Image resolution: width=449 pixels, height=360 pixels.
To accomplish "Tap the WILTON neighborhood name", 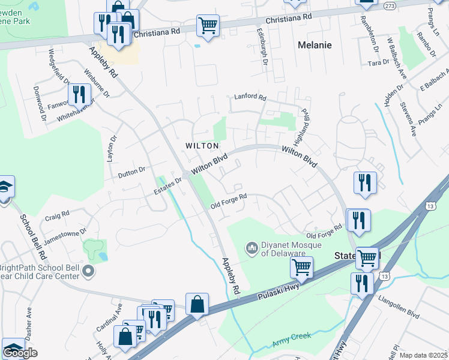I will (201, 146).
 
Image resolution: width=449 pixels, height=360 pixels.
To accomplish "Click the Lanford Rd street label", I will (250, 96).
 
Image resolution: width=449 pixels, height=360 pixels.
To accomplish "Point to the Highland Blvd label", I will (304, 122).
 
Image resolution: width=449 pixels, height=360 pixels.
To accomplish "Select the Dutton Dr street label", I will (131, 171).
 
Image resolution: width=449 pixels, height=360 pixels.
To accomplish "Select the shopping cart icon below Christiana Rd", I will (208, 26).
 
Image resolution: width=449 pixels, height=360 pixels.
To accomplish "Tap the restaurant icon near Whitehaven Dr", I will (79, 94).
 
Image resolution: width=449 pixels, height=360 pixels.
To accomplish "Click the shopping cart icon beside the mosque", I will (302, 266).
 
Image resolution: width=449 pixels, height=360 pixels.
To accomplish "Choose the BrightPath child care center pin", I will (89, 272).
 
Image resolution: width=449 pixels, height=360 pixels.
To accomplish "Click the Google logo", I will (20, 353).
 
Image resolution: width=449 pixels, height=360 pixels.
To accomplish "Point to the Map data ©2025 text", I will (424, 355).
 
